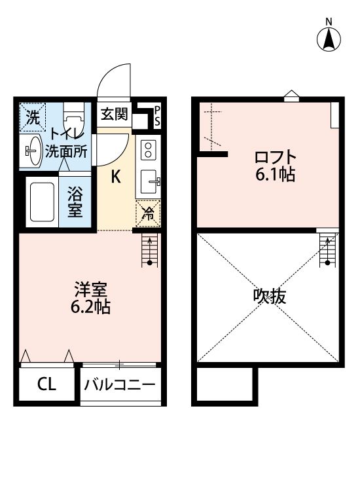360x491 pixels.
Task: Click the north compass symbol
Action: point(329,39)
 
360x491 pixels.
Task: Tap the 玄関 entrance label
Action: point(113,115)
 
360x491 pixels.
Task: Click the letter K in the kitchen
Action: point(115,177)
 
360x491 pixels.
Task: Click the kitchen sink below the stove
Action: point(148,180)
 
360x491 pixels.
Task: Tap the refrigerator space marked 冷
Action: point(148,213)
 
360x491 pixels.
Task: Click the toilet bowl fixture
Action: point(74,121)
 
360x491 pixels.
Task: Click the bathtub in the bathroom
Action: point(43,202)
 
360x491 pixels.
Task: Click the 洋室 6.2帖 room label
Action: point(91,297)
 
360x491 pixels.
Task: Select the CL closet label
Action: point(46,384)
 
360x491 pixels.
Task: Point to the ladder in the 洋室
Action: point(150,251)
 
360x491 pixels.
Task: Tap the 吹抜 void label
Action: point(269,297)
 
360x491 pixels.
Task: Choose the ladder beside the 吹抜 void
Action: point(325,250)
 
